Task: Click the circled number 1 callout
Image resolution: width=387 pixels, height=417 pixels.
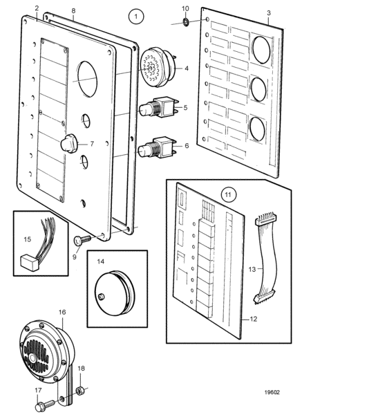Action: point(136,17)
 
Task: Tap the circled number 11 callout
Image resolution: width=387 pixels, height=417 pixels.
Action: point(228,195)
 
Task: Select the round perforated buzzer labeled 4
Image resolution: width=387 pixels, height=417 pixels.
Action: point(158,67)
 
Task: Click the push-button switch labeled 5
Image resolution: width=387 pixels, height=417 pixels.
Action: point(159,107)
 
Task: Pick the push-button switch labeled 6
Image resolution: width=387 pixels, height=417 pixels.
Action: point(159,147)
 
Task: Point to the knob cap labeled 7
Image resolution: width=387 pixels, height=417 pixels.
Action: point(68,143)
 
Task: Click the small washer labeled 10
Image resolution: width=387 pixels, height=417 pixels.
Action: point(185,21)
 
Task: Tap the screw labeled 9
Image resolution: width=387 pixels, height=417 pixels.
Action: point(82,240)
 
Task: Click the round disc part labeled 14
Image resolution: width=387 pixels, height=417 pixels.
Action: point(115,293)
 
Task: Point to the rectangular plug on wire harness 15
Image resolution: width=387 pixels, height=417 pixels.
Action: point(30,262)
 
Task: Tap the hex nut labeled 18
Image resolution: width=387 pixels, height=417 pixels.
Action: point(80,391)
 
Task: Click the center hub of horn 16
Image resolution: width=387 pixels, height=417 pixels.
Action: point(33,358)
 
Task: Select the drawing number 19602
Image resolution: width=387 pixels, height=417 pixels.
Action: point(272,392)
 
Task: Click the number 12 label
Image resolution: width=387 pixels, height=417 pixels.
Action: point(254,319)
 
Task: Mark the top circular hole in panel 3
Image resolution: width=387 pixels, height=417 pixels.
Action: point(261,50)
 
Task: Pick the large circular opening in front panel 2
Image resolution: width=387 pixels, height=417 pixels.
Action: point(88,79)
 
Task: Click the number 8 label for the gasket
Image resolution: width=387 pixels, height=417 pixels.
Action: point(73,10)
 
